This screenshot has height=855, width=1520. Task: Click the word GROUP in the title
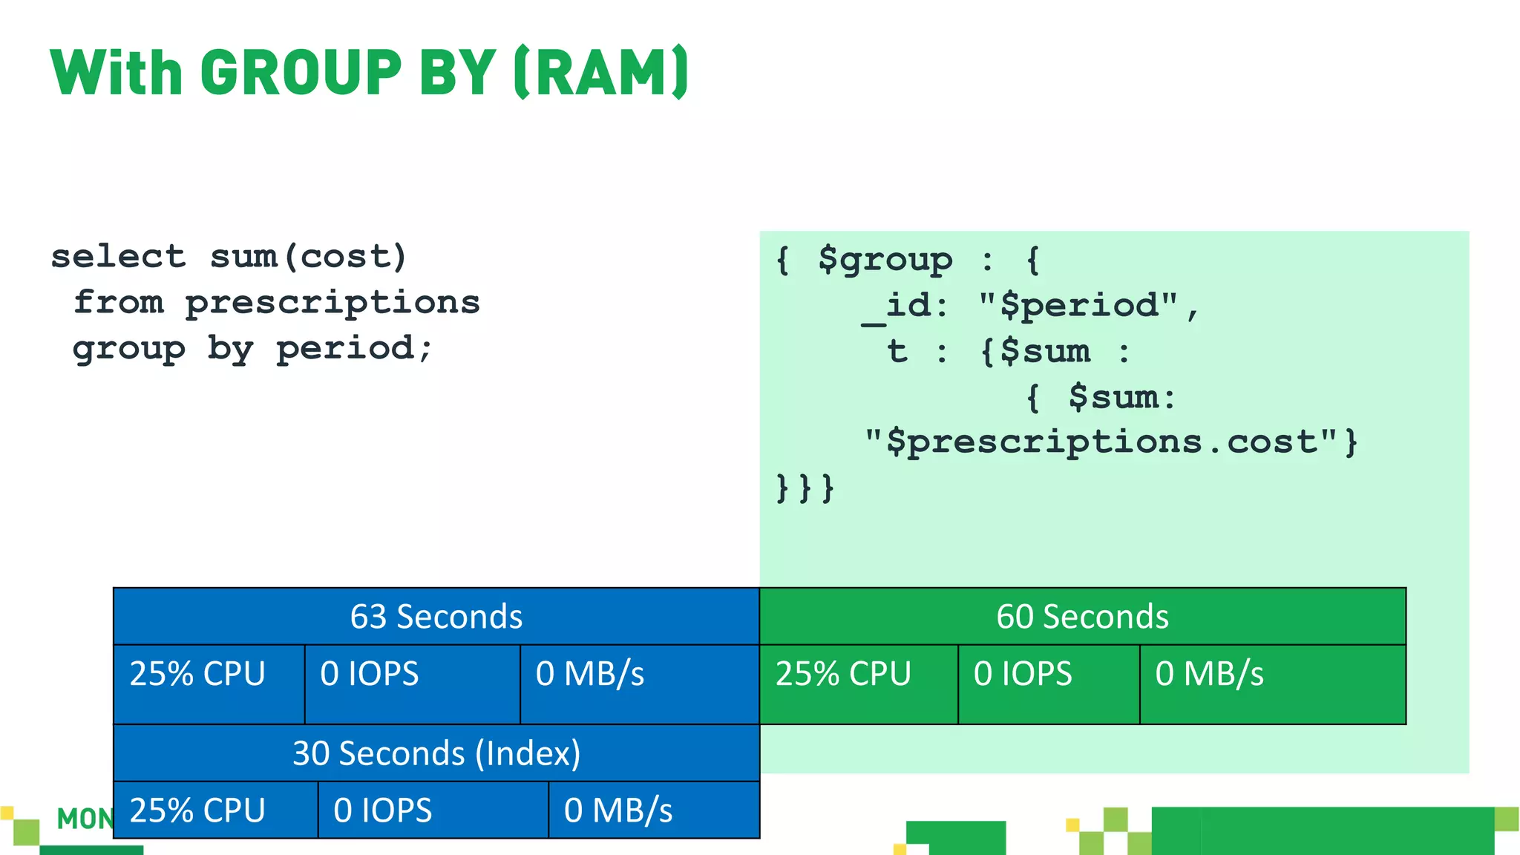301,73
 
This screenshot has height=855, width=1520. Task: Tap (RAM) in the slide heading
601,73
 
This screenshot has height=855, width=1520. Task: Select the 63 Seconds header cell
436,617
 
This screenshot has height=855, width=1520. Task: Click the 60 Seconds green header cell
1082,617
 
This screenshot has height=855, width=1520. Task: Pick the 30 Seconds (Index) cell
436,753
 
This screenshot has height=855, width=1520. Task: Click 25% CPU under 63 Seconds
197,674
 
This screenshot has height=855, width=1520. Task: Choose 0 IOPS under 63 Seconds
370,674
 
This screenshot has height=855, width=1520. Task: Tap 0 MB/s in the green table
1209,674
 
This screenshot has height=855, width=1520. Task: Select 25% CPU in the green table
843,674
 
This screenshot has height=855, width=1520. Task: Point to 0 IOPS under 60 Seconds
1023,674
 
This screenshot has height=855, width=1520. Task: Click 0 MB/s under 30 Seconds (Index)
618,810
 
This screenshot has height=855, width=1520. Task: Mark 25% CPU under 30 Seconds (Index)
197,810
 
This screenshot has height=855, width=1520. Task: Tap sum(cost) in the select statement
309,257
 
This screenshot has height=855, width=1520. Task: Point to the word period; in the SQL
354,349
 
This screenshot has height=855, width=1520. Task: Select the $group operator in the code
885,260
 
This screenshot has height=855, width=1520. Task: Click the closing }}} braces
805,488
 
